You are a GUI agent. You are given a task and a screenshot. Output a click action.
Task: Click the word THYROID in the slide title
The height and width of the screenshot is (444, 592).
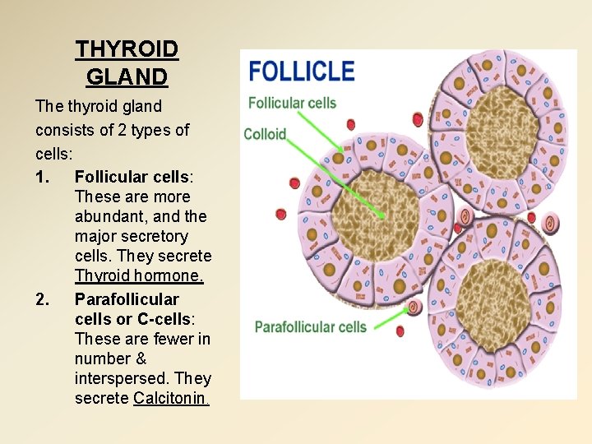pos(127,49)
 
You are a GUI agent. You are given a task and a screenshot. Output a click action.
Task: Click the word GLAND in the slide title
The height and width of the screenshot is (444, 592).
pos(127,77)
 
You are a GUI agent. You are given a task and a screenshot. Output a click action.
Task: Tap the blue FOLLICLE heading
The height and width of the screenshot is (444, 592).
pos(302,71)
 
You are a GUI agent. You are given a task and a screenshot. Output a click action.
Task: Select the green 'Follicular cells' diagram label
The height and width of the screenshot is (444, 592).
pos(292,104)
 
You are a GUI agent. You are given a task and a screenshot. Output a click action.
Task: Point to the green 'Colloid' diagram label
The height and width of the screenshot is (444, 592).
pos(265,134)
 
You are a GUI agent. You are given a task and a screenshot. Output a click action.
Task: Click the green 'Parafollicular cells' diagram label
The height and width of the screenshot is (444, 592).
pos(311,326)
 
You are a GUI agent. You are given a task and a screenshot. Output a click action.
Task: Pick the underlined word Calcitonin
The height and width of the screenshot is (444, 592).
pos(171,399)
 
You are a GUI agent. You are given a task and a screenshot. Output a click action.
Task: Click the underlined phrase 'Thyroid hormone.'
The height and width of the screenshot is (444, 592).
pos(139,276)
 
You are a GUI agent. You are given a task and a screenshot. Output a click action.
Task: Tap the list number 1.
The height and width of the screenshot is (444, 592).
pos(44,177)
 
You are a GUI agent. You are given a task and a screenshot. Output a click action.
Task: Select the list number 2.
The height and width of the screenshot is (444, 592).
pos(44,298)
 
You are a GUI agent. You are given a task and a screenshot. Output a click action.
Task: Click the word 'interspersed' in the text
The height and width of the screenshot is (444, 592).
pos(122,379)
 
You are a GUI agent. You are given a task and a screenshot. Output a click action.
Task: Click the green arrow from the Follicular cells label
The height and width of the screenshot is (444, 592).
pos(321,135)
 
